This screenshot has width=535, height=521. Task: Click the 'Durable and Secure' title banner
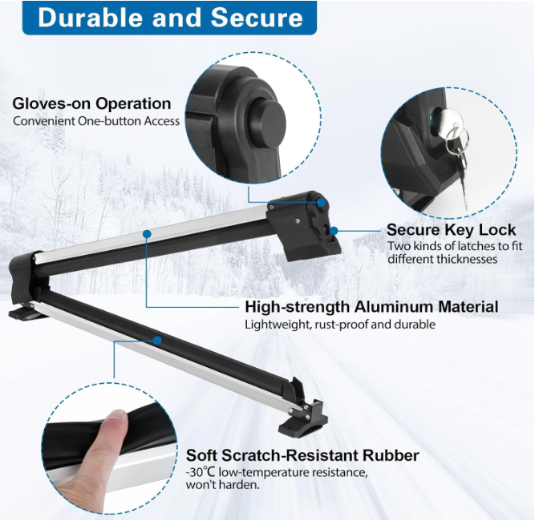coord(169,18)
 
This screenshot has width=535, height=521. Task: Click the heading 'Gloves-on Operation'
coord(91,103)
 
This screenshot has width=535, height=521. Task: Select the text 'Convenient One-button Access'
coord(96,121)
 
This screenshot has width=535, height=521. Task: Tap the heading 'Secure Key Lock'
coord(451,230)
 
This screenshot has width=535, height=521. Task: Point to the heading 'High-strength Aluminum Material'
coord(371,307)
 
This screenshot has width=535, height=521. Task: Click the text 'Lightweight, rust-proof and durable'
coord(340,325)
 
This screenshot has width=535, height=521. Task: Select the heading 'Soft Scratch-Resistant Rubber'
coord(302,455)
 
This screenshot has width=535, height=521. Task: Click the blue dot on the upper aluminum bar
coord(147,234)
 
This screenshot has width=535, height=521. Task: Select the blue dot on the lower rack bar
coord(158,341)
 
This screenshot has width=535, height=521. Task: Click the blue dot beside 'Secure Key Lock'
coord(334,231)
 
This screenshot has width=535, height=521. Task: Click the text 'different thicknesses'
coord(442,259)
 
